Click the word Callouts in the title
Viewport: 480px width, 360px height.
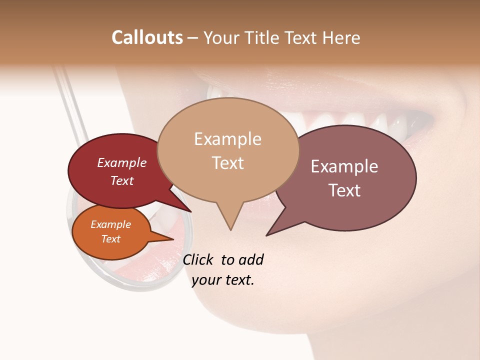coord(147,37)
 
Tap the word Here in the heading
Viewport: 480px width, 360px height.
coord(341,37)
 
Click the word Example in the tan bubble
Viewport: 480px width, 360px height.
coord(227,139)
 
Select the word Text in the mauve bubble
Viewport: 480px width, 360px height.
coord(344,190)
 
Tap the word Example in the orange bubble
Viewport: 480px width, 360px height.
coord(110,224)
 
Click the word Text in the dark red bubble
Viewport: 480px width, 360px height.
coord(121,180)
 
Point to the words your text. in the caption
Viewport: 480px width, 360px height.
coord(222,280)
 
